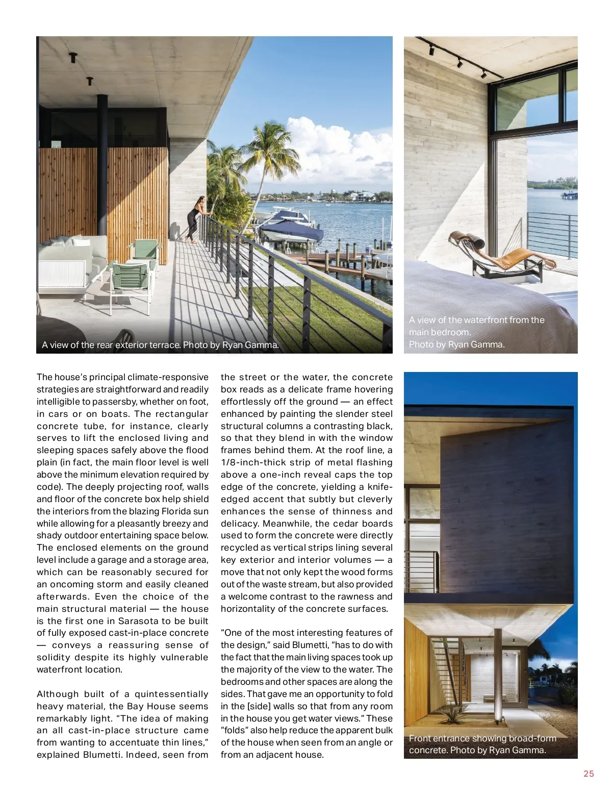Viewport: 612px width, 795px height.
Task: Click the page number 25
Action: point(589,774)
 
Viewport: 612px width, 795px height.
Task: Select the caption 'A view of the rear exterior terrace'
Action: point(160,345)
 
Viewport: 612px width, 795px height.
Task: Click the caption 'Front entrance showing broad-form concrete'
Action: point(482,744)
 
